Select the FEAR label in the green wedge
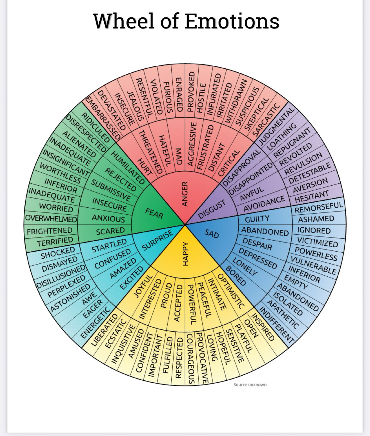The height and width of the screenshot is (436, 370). click(x=154, y=214)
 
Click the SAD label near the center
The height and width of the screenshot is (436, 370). click(x=212, y=234)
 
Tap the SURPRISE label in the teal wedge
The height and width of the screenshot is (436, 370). click(x=157, y=242)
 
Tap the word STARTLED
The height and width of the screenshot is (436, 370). click(x=109, y=246)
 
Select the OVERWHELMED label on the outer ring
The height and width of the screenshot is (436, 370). click(x=51, y=219)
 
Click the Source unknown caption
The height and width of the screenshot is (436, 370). click(x=250, y=384)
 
